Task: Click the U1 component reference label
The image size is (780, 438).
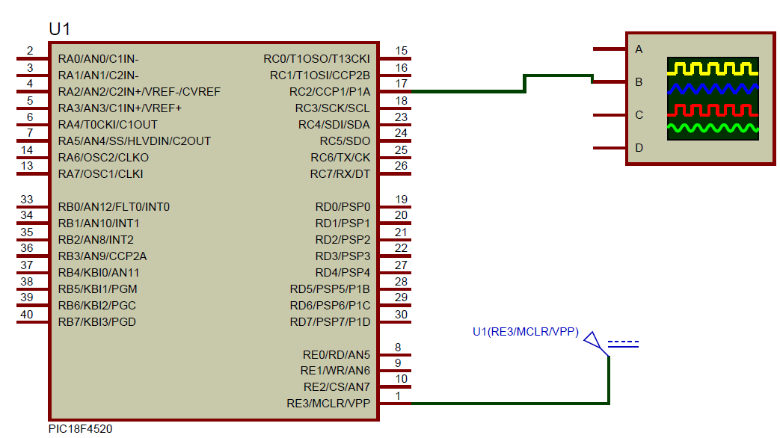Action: pyautogui.click(x=59, y=29)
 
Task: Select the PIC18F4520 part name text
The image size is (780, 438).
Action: pyautogui.click(x=81, y=430)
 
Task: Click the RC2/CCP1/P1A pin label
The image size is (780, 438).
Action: pyautogui.click(x=329, y=92)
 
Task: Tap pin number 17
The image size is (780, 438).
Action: pyautogui.click(x=402, y=84)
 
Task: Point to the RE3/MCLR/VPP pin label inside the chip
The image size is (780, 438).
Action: pyautogui.click(x=328, y=404)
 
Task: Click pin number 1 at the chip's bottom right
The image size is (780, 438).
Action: pyautogui.click(x=399, y=396)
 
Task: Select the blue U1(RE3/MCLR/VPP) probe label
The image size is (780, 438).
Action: pyautogui.click(x=525, y=332)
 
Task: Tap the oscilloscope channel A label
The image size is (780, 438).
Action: pyautogui.click(x=639, y=49)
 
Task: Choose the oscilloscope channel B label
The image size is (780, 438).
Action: pyautogui.click(x=639, y=82)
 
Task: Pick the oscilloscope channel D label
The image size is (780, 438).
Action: pyautogui.click(x=639, y=148)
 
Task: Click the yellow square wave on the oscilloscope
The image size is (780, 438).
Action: pyautogui.click(x=712, y=70)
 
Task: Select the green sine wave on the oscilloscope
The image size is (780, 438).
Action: pyautogui.click(x=712, y=129)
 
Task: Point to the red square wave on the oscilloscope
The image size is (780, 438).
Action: pyautogui.click(x=712, y=111)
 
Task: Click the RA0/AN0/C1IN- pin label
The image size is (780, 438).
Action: pyautogui.click(x=98, y=59)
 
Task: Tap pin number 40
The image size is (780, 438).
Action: pyautogui.click(x=27, y=315)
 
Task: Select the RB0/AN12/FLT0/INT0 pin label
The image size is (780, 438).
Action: pyautogui.click(x=114, y=207)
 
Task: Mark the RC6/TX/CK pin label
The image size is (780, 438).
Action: pyautogui.click(x=340, y=158)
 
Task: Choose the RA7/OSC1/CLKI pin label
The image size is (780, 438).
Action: pyautogui.click(x=100, y=174)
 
